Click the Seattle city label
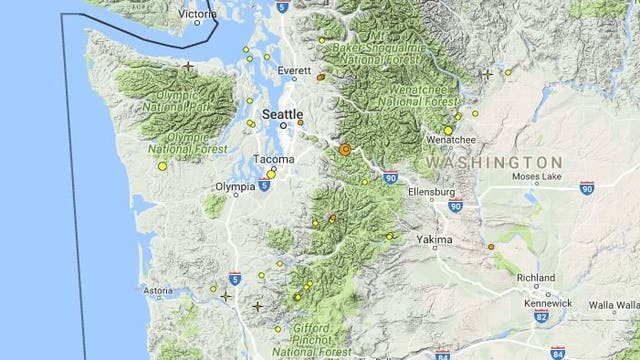281,114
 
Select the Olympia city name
235,187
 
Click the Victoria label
199,14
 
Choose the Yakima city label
435,240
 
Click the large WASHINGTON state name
493,161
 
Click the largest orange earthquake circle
345,149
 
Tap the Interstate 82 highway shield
541,316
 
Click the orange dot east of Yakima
491,246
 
